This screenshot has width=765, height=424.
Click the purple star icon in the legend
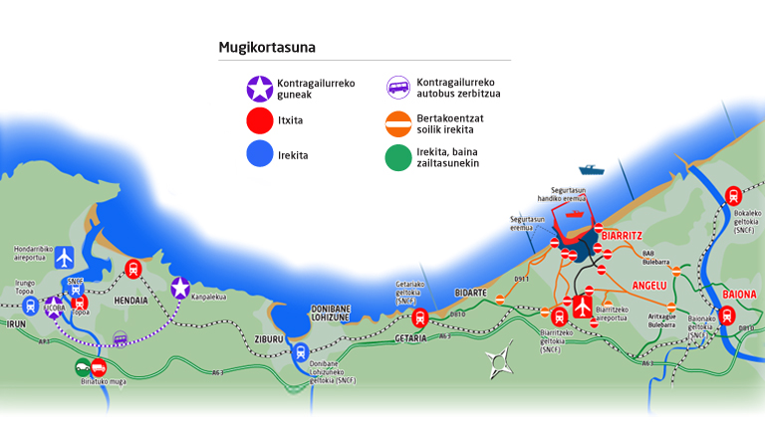pyautogui.click(x=260, y=90)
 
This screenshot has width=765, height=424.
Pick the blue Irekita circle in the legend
pyautogui.click(x=260, y=154)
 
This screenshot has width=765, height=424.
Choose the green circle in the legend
pyautogui.click(x=398, y=156)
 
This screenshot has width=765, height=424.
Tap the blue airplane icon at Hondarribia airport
pyautogui.click(x=65, y=258)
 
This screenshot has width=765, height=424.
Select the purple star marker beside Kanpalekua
pyautogui.click(x=180, y=289)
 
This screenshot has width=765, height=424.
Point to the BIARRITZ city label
pyautogui.click(x=624, y=236)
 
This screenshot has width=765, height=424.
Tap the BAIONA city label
pyautogui.click(x=739, y=295)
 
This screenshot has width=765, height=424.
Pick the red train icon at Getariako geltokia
pyautogui.click(x=419, y=318)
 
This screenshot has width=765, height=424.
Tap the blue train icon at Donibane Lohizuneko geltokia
pyautogui.click(x=315, y=351)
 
